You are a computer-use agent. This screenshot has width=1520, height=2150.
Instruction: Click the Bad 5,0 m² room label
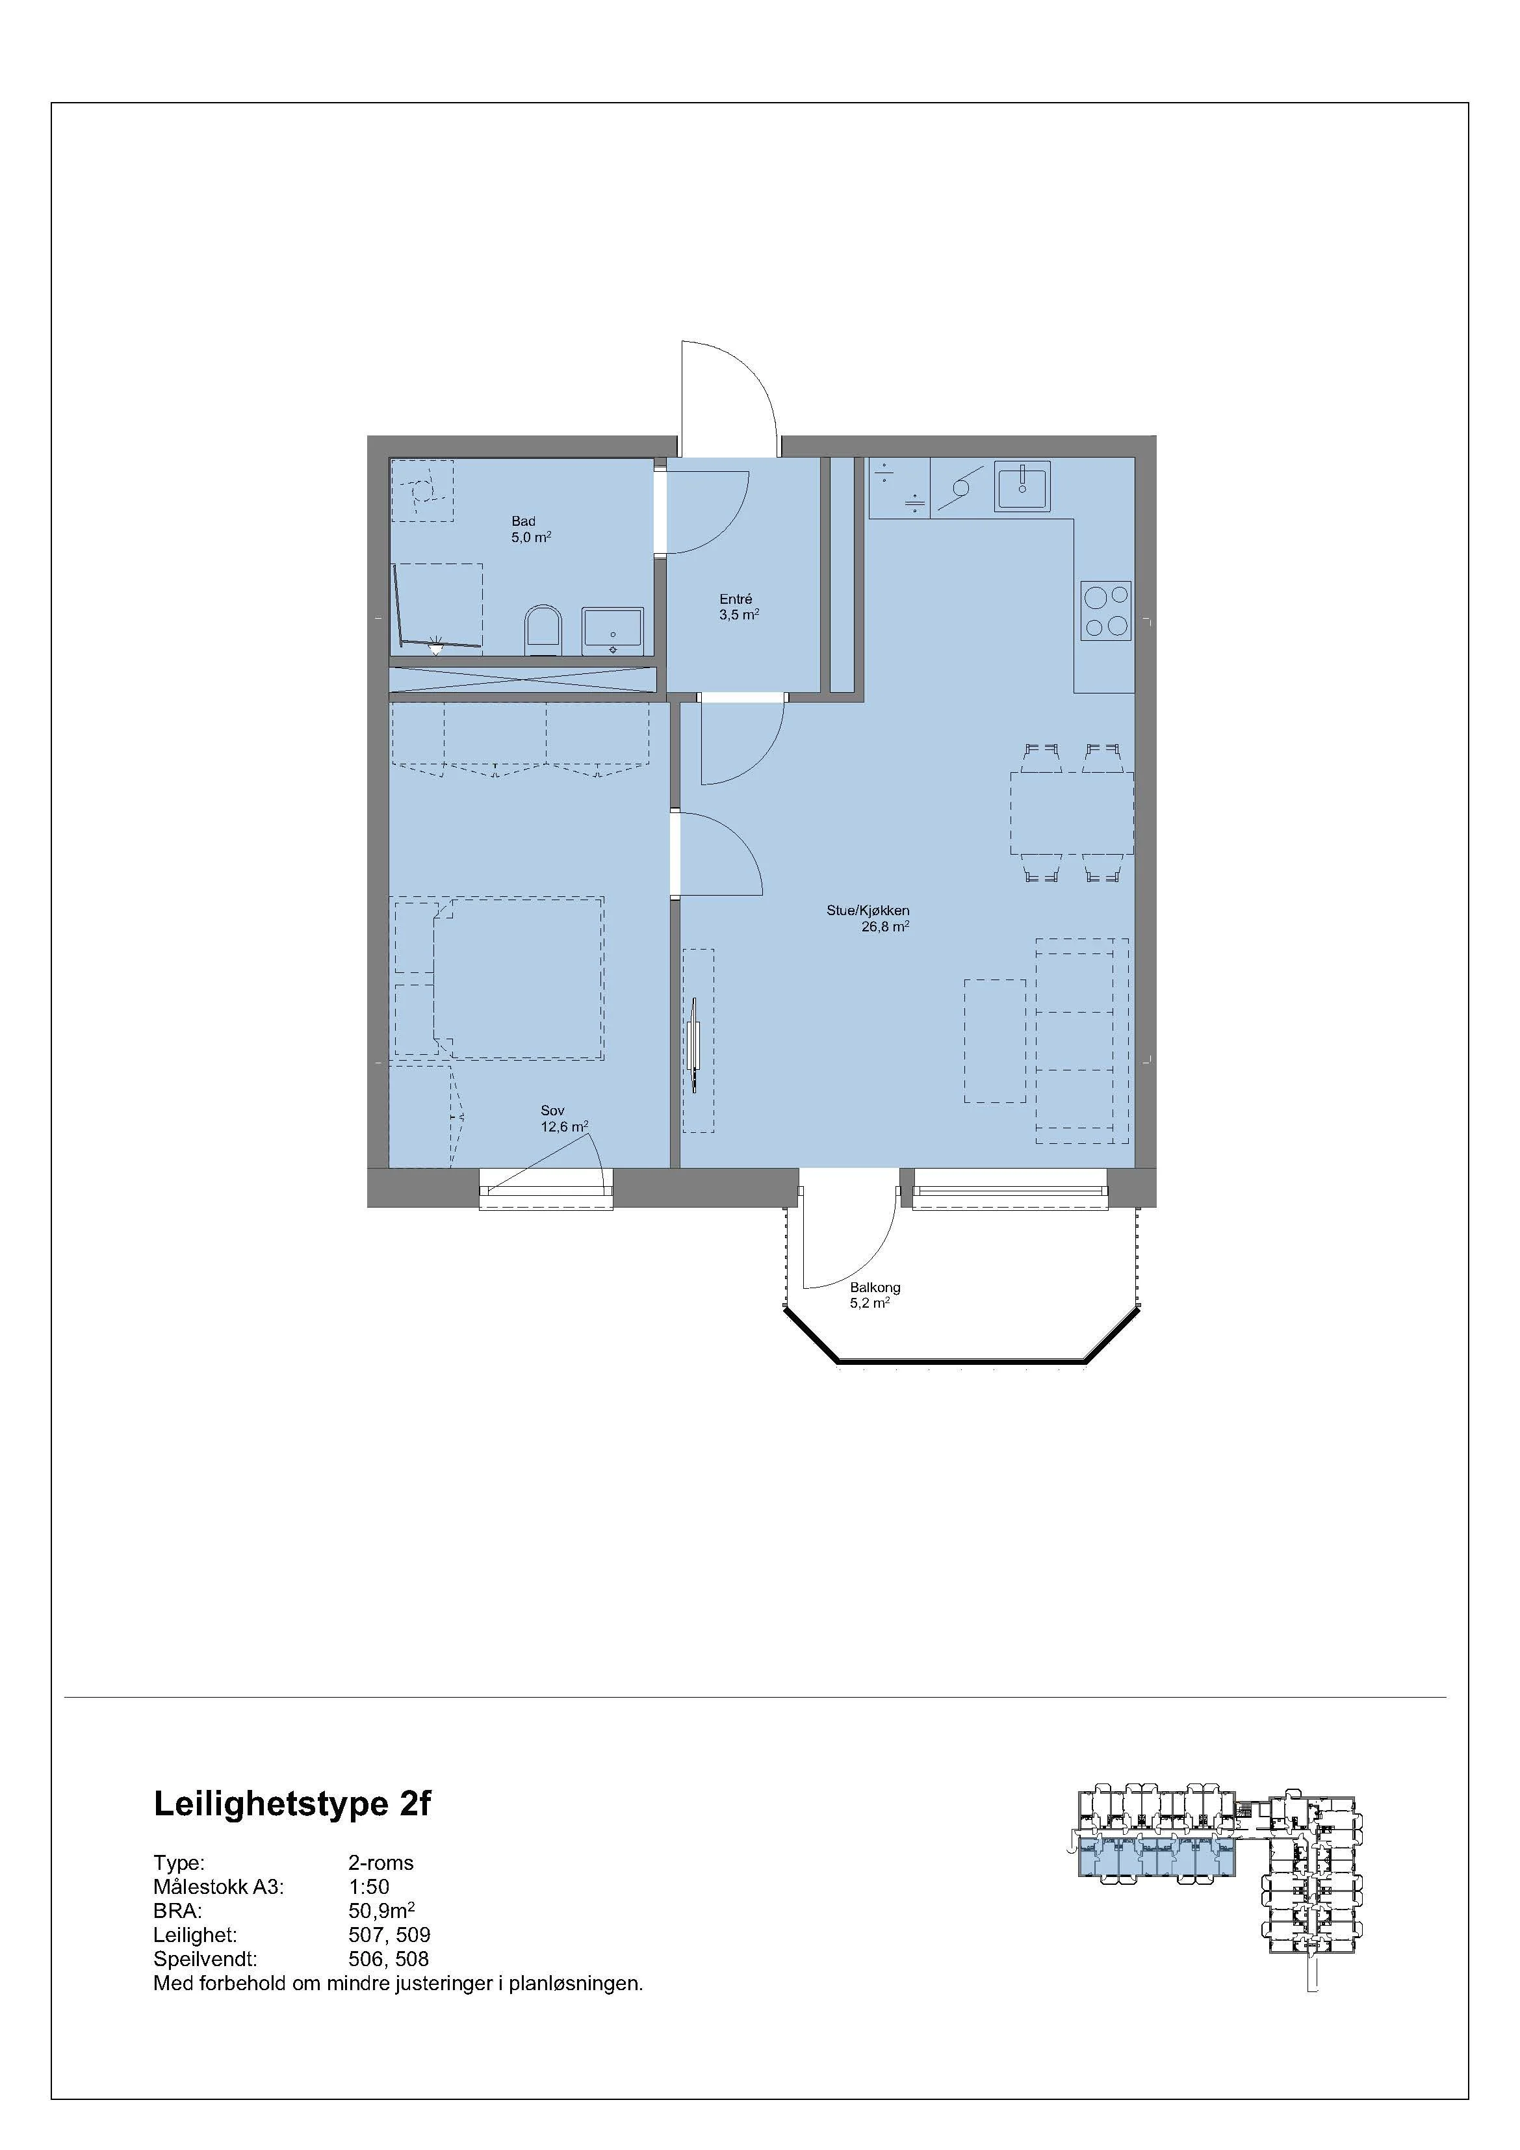pyautogui.click(x=530, y=530)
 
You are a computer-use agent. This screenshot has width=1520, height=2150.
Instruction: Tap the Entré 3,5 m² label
pyautogui.click(x=738, y=607)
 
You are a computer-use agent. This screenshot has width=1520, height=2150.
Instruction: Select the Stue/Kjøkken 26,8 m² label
pyautogui.click(x=868, y=918)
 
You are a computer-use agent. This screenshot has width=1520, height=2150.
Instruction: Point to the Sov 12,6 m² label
pyautogui.click(x=563, y=1119)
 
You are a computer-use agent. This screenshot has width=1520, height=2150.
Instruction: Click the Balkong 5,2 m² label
pyautogui.click(x=874, y=1295)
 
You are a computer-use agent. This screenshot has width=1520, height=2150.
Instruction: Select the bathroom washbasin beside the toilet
pyautogui.click(x=613, y=629)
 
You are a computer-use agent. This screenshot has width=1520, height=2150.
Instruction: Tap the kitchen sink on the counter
pyautogui.click(x=1023, y=485)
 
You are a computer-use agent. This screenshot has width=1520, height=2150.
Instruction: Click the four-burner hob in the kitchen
pyautogui.click(x=1105, y=610)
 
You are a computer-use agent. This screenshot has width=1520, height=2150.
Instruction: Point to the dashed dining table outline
pyautogui.click(x=1070, y=813)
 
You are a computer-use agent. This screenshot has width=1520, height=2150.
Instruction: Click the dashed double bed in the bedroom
pyautogui.click(x=518, y=979)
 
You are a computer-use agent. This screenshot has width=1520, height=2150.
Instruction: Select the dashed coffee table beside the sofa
pyautogui.click(x=995, y=1041)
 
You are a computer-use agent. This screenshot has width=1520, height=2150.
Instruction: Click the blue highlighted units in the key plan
pyautogui.click(x=1157, y=1858)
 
